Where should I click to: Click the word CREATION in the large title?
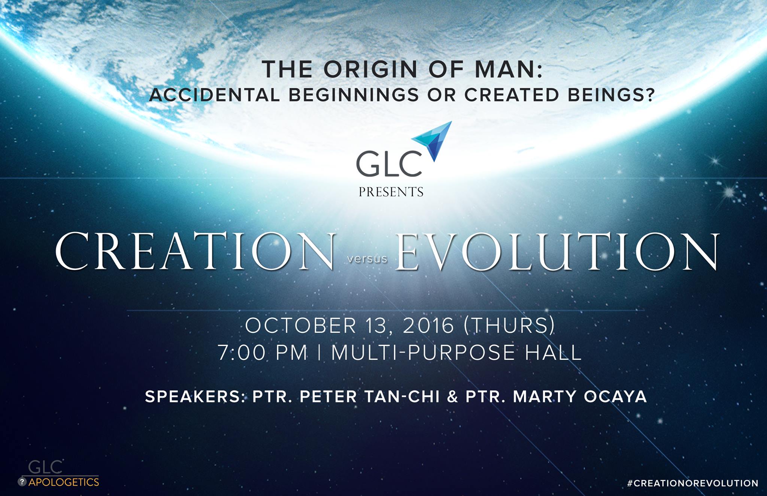(x=195, y=250)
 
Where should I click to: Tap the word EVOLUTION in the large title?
(x=558, y=251)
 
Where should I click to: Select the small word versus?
(x=367, y=259)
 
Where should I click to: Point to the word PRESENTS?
(x=391, y=192)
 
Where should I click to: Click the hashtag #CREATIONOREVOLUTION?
(x=692, y=483)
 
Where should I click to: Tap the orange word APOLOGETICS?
(x=64, y=482)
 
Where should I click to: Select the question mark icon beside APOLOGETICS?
(x=22, y=482)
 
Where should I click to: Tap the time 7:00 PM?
(x=263, y=353)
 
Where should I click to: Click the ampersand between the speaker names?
(x=452, y=397)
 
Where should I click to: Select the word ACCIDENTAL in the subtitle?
(x=215, y=95)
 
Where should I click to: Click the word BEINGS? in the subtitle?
(x=611, y=95)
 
